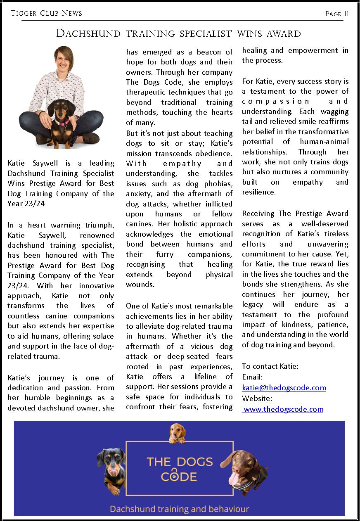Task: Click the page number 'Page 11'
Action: (x=337, y=14)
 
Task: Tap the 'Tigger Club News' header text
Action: (x=46, y=13)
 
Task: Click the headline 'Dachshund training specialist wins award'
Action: (x=178, y=33)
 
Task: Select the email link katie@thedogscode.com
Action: (x=284, y=388)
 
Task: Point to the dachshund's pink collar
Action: (x=62, y=122)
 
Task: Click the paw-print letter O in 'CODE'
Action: (x=178, y=477)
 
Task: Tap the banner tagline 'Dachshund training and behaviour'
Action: (x=179, y=508)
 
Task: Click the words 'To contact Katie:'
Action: (x=270, y=366)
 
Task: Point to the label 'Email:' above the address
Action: (x=252, y=377)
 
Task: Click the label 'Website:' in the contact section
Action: (x=257, y=399)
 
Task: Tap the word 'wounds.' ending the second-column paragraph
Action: (x=140, y=285)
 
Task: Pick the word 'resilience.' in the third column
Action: (x=259, y=192)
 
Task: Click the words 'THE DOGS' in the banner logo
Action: (x=180, y=461)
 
